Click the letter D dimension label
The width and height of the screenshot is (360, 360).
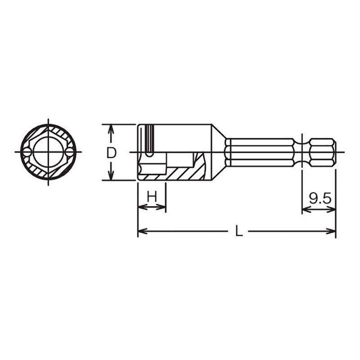tap(111, 153)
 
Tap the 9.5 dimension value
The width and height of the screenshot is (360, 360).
tap(320, 198)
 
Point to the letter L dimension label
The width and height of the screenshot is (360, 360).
tap(239, 232)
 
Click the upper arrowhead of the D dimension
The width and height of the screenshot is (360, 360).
tap(111, 128)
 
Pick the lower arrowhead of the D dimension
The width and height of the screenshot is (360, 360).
tap(111, 176)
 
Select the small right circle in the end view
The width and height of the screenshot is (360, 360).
tap(69, 153)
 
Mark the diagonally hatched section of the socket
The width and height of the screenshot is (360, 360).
tap(180, 173)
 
